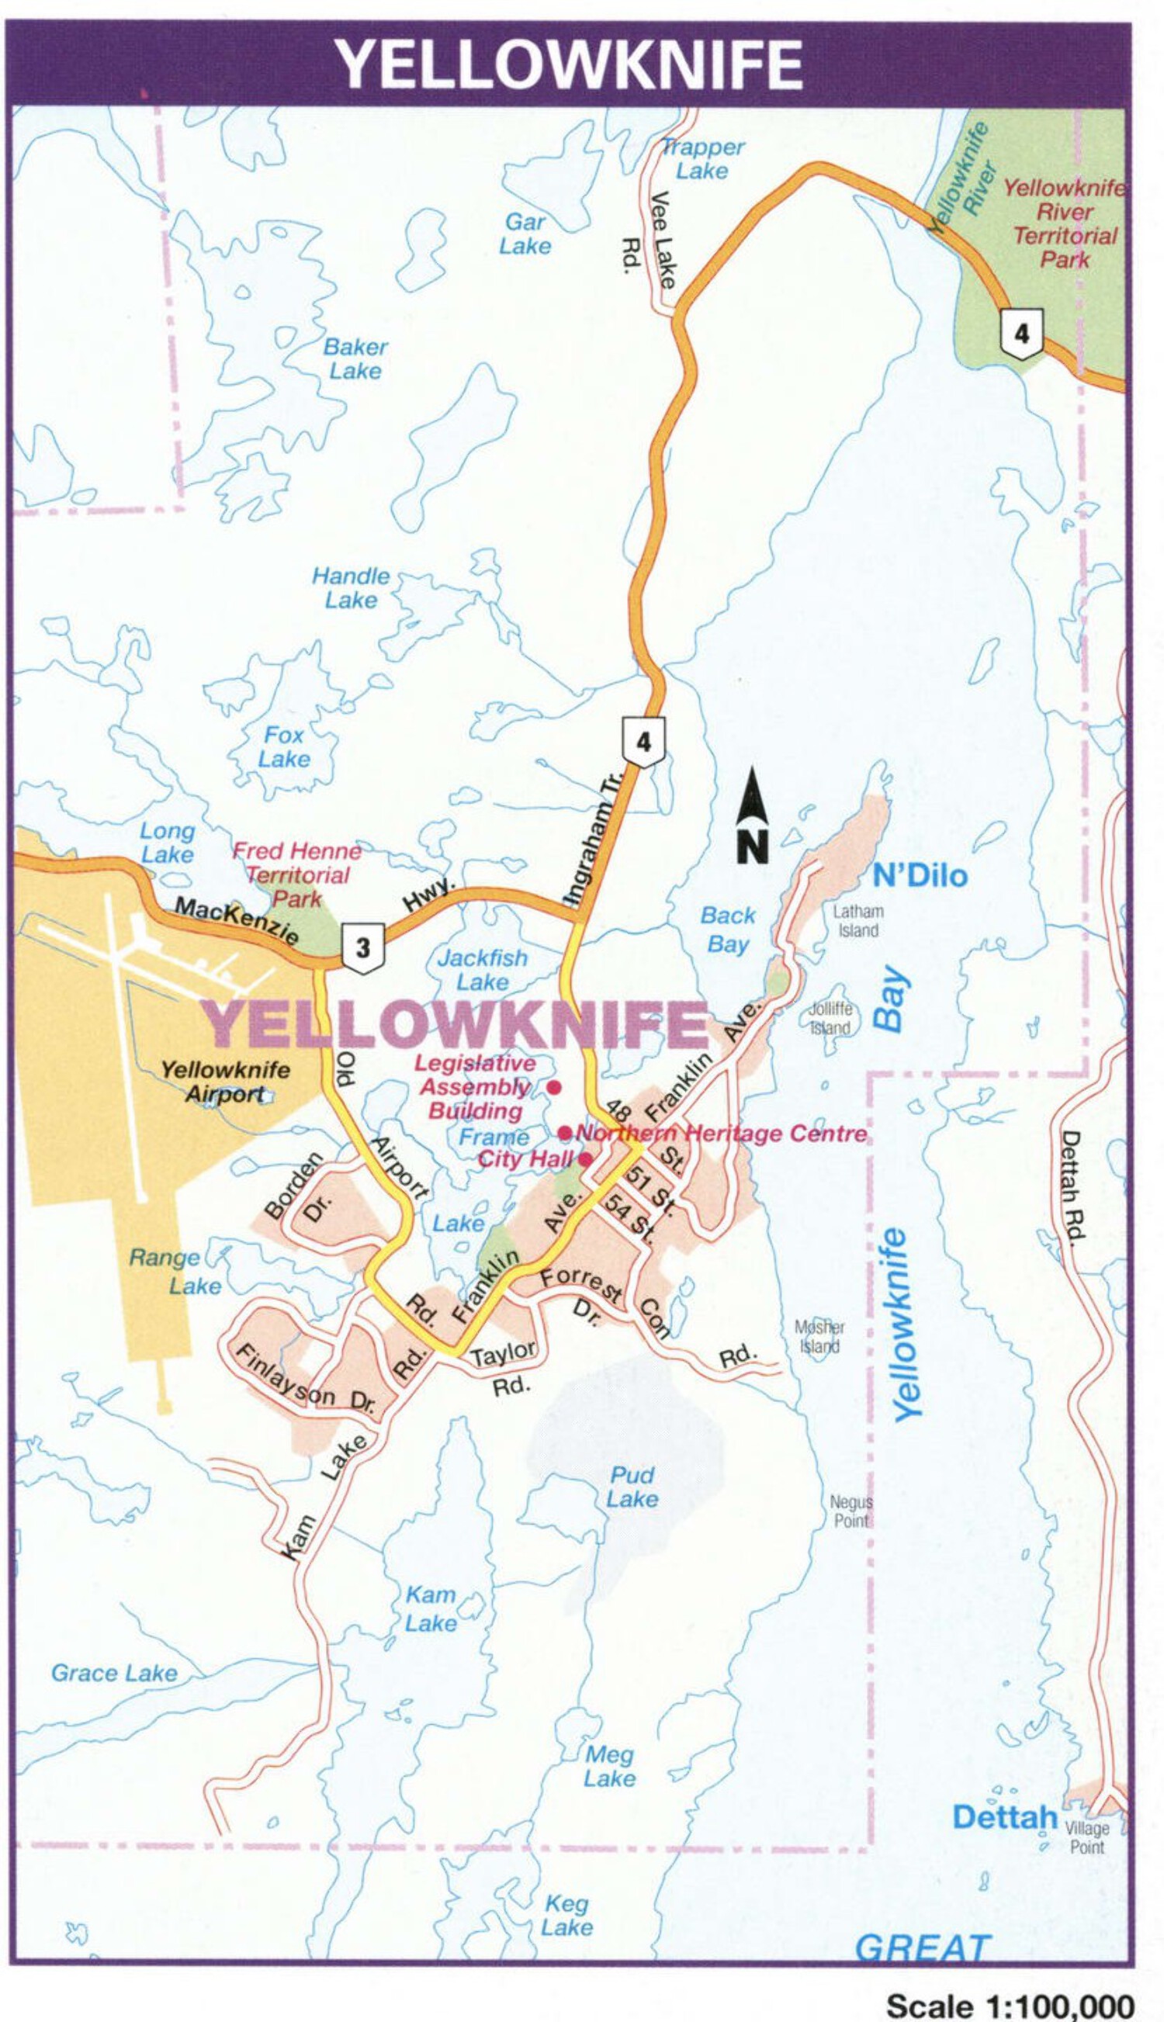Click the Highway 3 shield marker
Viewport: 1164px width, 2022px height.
click(363, 948)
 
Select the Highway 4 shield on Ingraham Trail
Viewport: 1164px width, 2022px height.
click(643, 743)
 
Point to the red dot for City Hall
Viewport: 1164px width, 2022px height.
click(585, 1159)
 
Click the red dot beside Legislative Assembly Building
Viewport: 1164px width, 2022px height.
click(554, 1088)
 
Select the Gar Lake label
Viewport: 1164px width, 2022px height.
click(525, 234)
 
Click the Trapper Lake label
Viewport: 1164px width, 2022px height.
click(703, 159)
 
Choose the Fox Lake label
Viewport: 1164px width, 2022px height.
click(284, 746)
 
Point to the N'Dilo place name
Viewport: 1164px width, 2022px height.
click(920, 877)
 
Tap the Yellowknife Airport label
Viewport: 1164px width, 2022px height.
click(226, 1082)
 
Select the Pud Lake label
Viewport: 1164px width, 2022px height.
click(632, 1487)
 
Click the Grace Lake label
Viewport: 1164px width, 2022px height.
click(114, 1673)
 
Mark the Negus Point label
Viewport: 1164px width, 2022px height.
click(850, 1512)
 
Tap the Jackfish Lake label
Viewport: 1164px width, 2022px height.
click(483, 969)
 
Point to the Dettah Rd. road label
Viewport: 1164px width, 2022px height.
click(1071, 1186)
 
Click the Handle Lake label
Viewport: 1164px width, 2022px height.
click(351, 587)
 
